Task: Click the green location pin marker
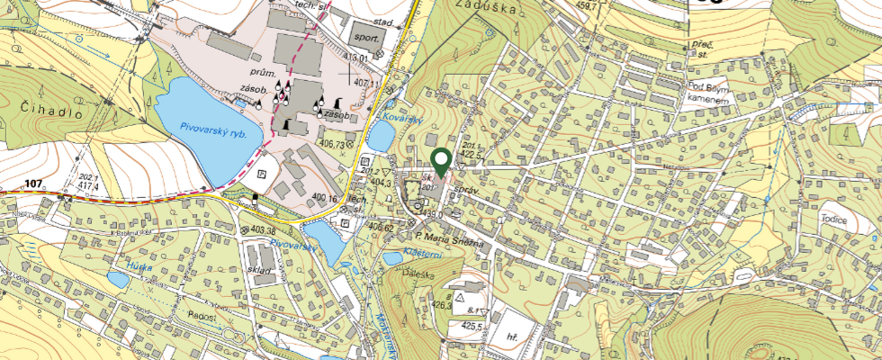tap(441, 162)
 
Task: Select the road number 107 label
tap(34, 184)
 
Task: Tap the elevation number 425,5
tap(473, 326)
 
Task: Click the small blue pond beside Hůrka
tap(118, 280)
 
